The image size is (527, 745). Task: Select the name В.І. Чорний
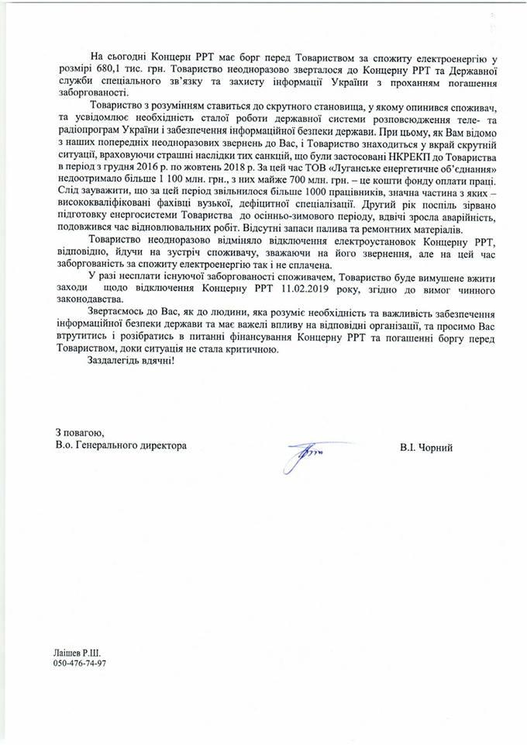(424, 448)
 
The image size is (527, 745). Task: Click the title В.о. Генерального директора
(120, 448)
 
